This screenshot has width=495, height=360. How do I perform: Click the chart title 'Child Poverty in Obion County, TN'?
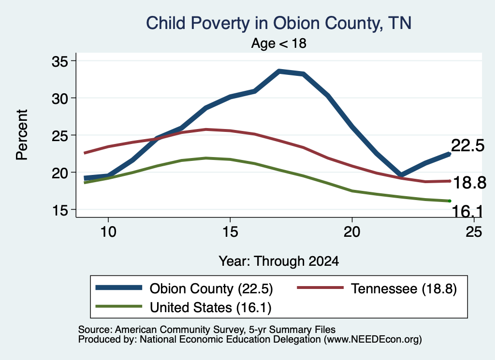(x=279, y=23)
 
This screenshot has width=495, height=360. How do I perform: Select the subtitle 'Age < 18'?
(x=279, y=43)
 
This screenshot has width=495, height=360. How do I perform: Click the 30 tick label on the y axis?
(x=60, y=99)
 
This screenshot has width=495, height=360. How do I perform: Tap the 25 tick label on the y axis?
(x=60, y=136)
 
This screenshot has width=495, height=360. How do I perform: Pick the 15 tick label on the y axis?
(x=60, y=210)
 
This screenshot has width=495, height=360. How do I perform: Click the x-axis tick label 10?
(x=108, y=232)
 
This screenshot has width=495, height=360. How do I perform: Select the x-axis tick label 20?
(x=352, y=232)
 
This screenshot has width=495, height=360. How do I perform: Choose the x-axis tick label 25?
(x=474, y=232)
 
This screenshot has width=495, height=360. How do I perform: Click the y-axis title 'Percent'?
(x=22, y=135)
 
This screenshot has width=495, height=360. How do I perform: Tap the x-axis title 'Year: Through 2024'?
(x=279, y=261)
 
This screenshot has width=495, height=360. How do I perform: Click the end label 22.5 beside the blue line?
(x=467, y=146)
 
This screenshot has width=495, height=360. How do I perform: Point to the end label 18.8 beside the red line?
(x=470, y=183)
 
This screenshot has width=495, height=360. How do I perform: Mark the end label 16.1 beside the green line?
(x=467, y=211)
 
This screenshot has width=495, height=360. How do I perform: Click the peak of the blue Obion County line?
(x=279, y=72)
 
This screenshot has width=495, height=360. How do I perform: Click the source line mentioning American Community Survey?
(x=207, y=330)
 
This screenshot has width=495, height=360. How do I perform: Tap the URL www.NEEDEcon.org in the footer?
(x=373, y=340)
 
